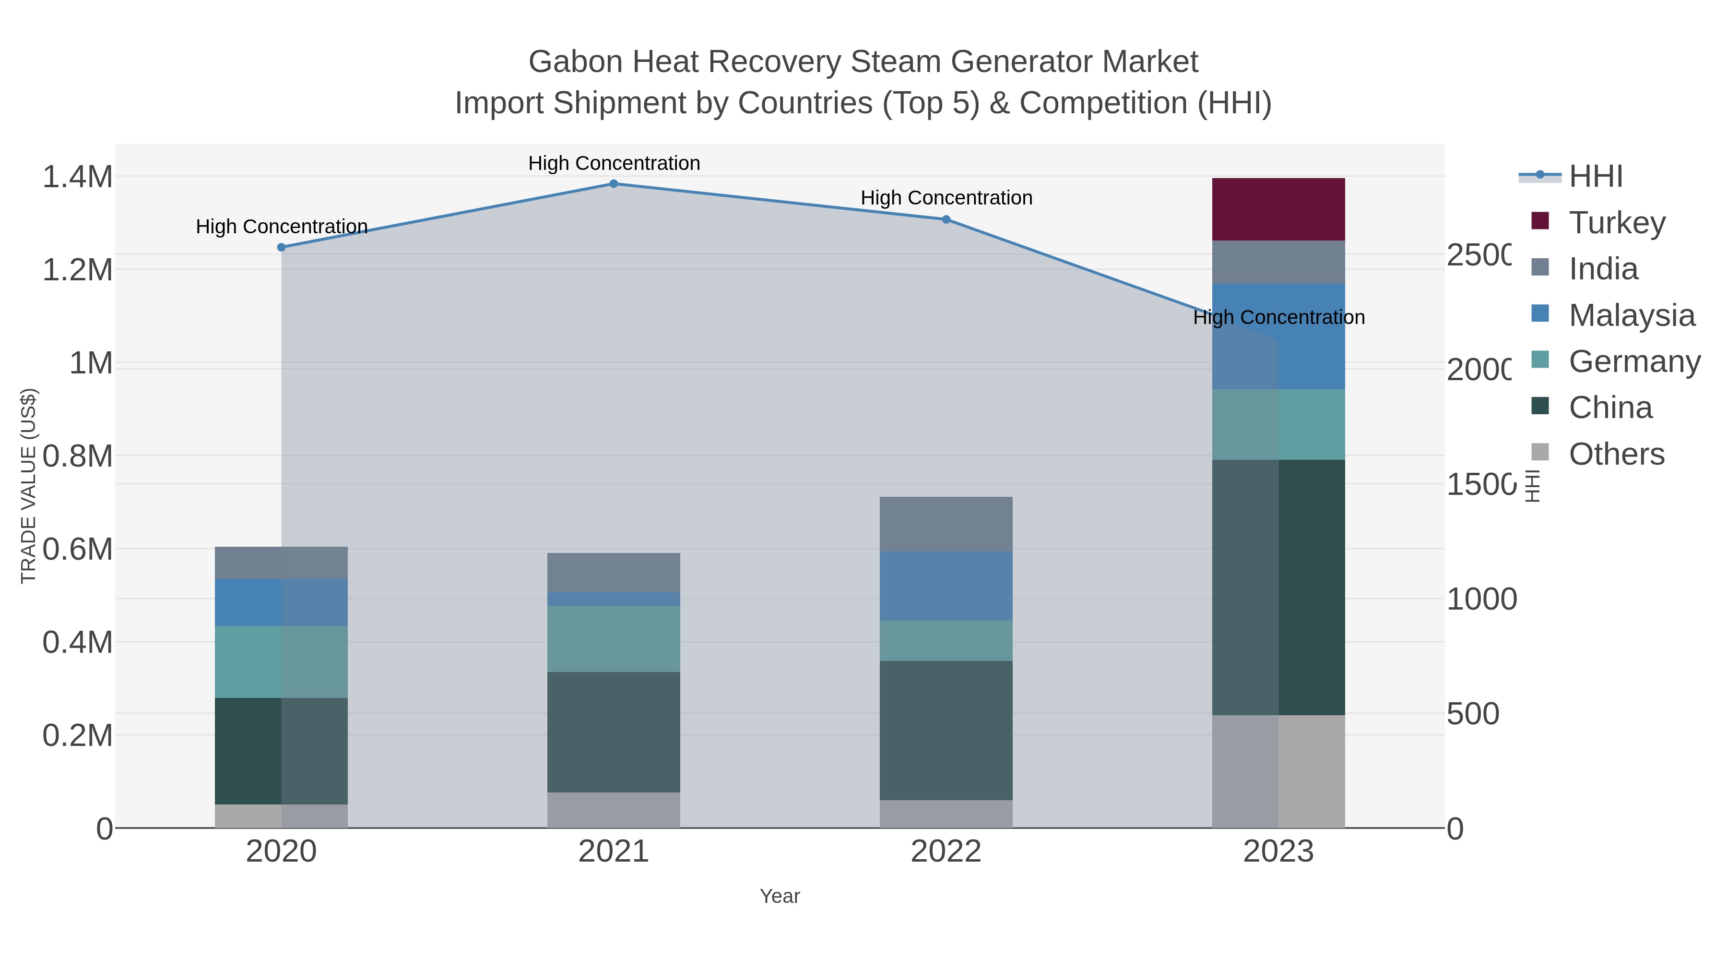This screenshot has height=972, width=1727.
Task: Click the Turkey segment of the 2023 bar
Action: (x=1278, y=209)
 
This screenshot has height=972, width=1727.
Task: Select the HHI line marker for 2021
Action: (x=614, y=184)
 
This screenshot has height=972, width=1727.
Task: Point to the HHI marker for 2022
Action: (x=946, y=219)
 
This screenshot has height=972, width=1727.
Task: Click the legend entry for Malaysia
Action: (x=1631, y=315)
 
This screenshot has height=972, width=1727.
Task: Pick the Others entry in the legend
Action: (x=1616, y=454)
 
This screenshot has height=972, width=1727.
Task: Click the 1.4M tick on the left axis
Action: (x=78, y=177)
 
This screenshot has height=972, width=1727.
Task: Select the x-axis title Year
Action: (x=780, y=896)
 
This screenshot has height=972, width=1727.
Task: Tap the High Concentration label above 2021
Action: (x=614, y=163)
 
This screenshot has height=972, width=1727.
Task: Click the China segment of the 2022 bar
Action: (x=946, y=730)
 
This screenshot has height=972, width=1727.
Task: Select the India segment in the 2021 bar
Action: (x=614, y=573)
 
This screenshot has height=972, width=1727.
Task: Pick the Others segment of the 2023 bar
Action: (x=1278, y=771)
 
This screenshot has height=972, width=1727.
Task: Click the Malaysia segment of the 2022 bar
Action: (x=946, y=586)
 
